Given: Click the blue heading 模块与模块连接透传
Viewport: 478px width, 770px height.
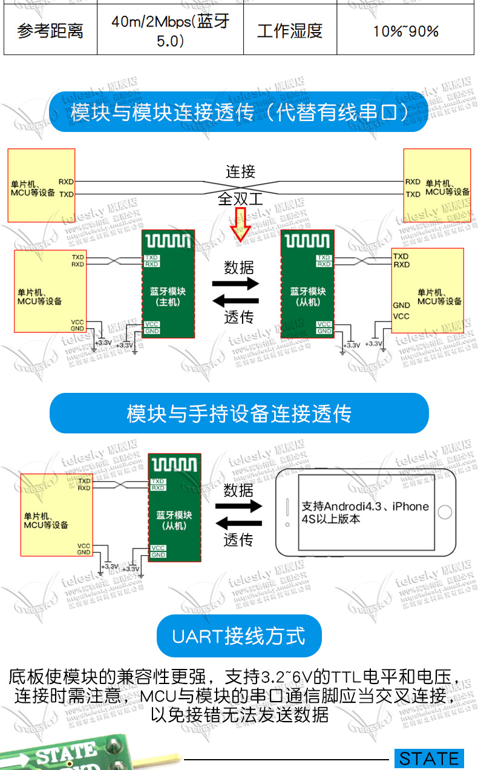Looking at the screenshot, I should pos(239,112).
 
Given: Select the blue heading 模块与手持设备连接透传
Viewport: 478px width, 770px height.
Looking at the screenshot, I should pos(239,413).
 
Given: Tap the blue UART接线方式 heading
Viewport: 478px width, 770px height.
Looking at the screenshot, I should pos(239,636).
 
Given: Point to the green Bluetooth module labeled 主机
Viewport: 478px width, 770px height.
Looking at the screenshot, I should pos(168,285).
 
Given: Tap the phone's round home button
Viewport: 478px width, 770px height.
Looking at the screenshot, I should pos(445,512).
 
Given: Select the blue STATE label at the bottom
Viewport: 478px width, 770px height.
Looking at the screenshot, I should pos(429,758).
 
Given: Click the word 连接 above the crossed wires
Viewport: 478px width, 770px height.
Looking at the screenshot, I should pos(241,172).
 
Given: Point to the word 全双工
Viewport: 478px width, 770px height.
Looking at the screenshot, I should pos(241,199).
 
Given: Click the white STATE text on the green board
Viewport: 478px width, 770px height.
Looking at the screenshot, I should pos(67,754).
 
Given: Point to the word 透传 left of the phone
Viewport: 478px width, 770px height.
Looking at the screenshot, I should pos(238,540).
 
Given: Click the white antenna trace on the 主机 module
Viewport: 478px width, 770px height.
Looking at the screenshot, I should pos(168,242).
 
